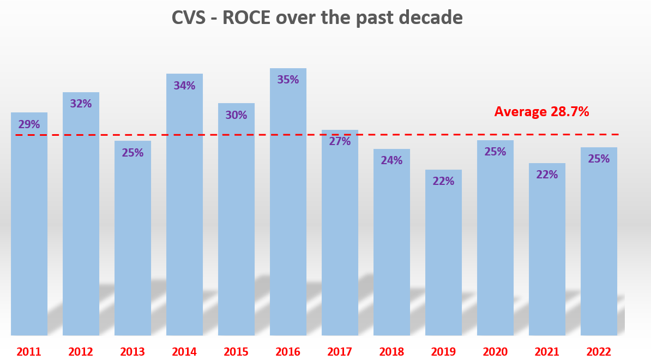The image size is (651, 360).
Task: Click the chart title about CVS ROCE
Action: click(317, 18)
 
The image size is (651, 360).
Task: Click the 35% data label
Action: click(288, 80)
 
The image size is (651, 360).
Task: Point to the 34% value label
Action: click(184, 86)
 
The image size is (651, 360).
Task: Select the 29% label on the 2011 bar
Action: click(29, 124)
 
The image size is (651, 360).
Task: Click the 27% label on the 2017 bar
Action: click(340, 141)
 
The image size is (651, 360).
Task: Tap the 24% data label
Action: click(391, 160)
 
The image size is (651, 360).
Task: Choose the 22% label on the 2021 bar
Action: click(547, 175)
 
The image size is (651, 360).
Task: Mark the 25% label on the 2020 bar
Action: click(495, 152)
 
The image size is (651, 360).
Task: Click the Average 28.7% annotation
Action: click(541, 112)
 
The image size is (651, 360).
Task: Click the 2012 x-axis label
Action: click(81, 352)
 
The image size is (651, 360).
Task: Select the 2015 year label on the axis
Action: click(236, 352)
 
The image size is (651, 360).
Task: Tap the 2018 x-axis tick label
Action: click(391, 352)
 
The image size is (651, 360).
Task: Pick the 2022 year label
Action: click(599, 352)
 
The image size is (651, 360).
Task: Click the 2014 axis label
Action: click(184, 352)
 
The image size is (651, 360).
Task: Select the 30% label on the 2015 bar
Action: click(236, 115)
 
